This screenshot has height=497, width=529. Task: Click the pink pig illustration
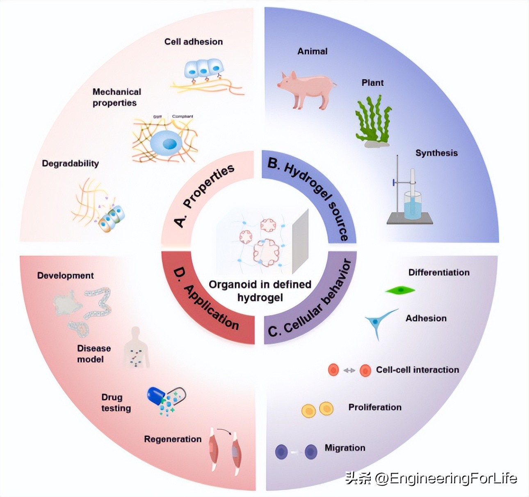pos(307,88)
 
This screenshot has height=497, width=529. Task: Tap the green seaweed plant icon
pos(372,121)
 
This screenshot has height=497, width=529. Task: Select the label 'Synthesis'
pos(436,153)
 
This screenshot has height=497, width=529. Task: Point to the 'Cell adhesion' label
pos(194,41)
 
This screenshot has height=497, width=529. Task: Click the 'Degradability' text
pos(70,163)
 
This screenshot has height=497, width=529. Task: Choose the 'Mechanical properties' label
pos(116,97)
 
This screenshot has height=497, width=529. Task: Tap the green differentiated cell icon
pos(400,290)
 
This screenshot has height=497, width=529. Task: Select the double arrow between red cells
pos(349,370)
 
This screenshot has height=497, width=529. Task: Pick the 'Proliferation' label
pos(375,407)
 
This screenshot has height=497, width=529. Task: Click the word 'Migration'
pos(345,448)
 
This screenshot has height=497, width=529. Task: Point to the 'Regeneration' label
pos(173,439)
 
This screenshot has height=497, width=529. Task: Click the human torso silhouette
pos(136,349)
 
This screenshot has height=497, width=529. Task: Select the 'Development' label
pos(66,276)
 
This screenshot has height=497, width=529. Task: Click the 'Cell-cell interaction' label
pos(417,370)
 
